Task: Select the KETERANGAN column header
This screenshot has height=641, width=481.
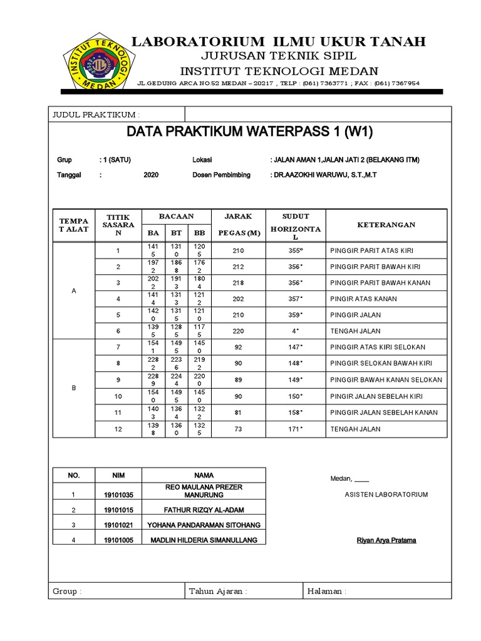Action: point(386,225)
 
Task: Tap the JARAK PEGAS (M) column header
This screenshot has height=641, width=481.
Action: point(238,225)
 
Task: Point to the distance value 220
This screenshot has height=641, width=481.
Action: point(238,331)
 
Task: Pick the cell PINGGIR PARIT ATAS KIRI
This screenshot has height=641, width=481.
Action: point(371,250)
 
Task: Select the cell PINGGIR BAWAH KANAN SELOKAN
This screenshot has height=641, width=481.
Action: point(386,380)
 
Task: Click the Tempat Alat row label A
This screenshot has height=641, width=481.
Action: point(74,291)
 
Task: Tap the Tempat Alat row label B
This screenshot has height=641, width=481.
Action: point(74,388)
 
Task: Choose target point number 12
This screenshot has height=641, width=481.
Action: point(117,429)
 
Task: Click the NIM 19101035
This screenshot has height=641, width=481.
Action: point(119,495)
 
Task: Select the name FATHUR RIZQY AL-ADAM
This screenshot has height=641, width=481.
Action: point(203,510)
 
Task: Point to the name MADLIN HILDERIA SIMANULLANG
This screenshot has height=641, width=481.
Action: point(203,540)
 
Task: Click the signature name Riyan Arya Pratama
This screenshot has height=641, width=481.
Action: point(385,540)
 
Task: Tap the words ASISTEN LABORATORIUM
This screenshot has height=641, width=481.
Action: point(386,495)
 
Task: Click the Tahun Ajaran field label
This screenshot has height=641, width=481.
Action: point(217,591)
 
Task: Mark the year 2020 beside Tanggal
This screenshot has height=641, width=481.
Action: point(151,175)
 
